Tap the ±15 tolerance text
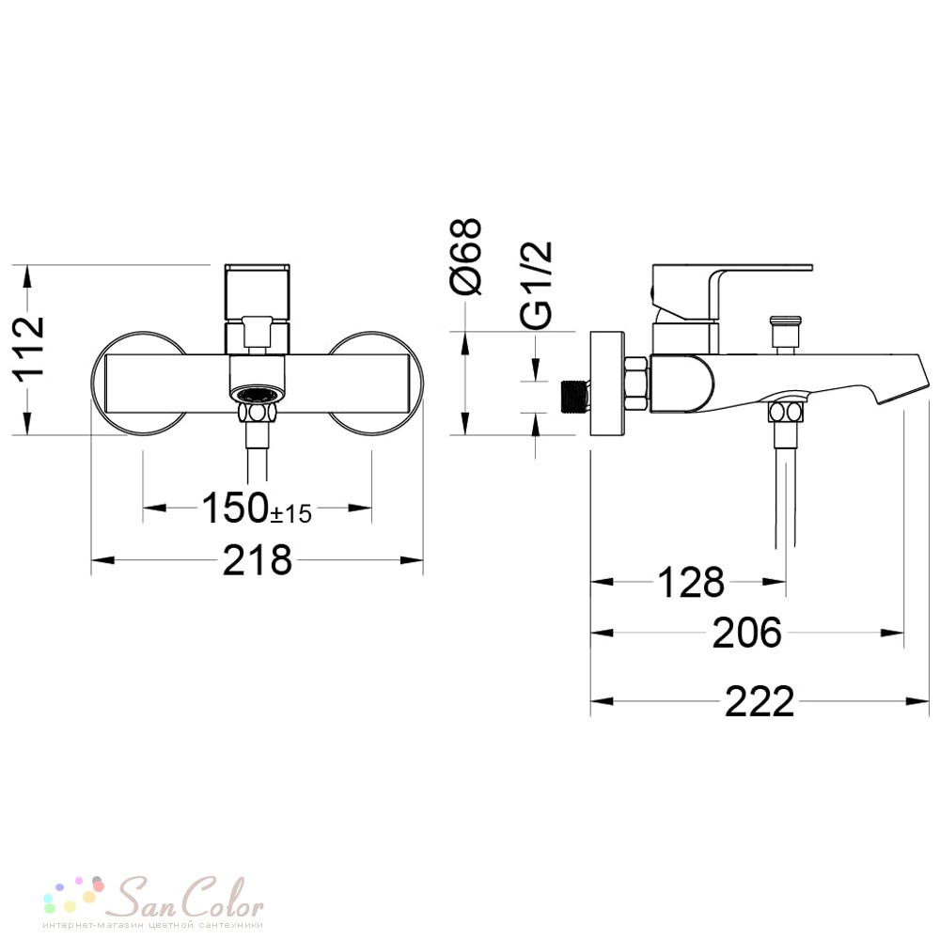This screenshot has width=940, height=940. pos(291,514)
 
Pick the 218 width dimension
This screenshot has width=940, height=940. pos(258,560)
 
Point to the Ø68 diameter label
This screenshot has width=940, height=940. pos(467,257)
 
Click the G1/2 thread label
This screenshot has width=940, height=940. pos(536,285)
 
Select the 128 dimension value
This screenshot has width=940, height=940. pos(691,582)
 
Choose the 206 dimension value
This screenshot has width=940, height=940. pos(747,633)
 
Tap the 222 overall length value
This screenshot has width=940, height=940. pos(760,701)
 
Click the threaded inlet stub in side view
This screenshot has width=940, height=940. pos(575,397)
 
